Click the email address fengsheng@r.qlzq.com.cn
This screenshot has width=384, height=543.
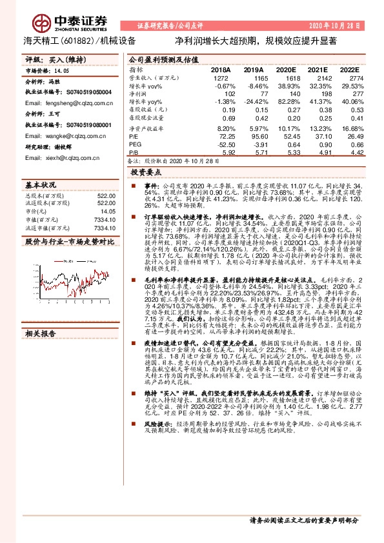[x=60, y=103]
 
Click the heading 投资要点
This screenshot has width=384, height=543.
[x=146, y=173]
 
